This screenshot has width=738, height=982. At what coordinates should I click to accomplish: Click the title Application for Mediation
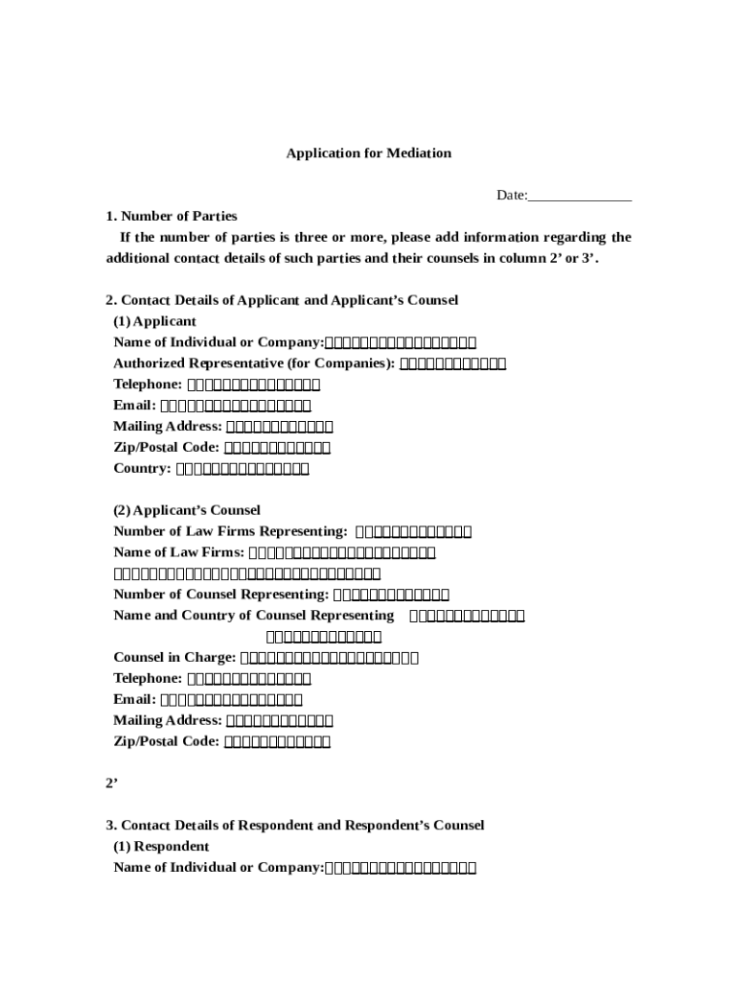[368, 153]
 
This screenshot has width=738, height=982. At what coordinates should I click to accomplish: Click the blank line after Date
[580, 196]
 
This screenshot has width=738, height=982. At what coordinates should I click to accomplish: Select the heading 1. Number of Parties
[172, 217]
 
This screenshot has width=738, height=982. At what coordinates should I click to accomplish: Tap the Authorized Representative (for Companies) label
[253, 363]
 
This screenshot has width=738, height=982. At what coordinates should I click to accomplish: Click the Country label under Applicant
[141, 469]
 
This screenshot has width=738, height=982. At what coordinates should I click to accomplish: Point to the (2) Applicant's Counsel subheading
[187, 511]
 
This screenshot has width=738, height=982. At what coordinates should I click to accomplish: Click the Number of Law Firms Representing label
[230, 532]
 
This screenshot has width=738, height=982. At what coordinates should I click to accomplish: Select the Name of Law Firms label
[178, 553]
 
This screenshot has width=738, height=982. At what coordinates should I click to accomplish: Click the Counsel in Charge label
[174, 658]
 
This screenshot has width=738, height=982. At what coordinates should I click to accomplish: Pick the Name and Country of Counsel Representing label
[253, 616]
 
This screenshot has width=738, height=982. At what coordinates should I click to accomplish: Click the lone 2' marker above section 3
[111, 783]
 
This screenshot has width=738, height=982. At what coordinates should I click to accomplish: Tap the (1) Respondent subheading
[161, 847]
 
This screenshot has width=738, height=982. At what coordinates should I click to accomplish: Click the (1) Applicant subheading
[154, 321]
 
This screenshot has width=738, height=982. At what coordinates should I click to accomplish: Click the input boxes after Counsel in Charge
[329, 658]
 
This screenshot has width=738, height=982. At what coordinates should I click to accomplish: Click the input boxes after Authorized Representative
[452, 363]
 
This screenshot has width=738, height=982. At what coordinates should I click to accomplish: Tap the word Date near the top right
[511, 196]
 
